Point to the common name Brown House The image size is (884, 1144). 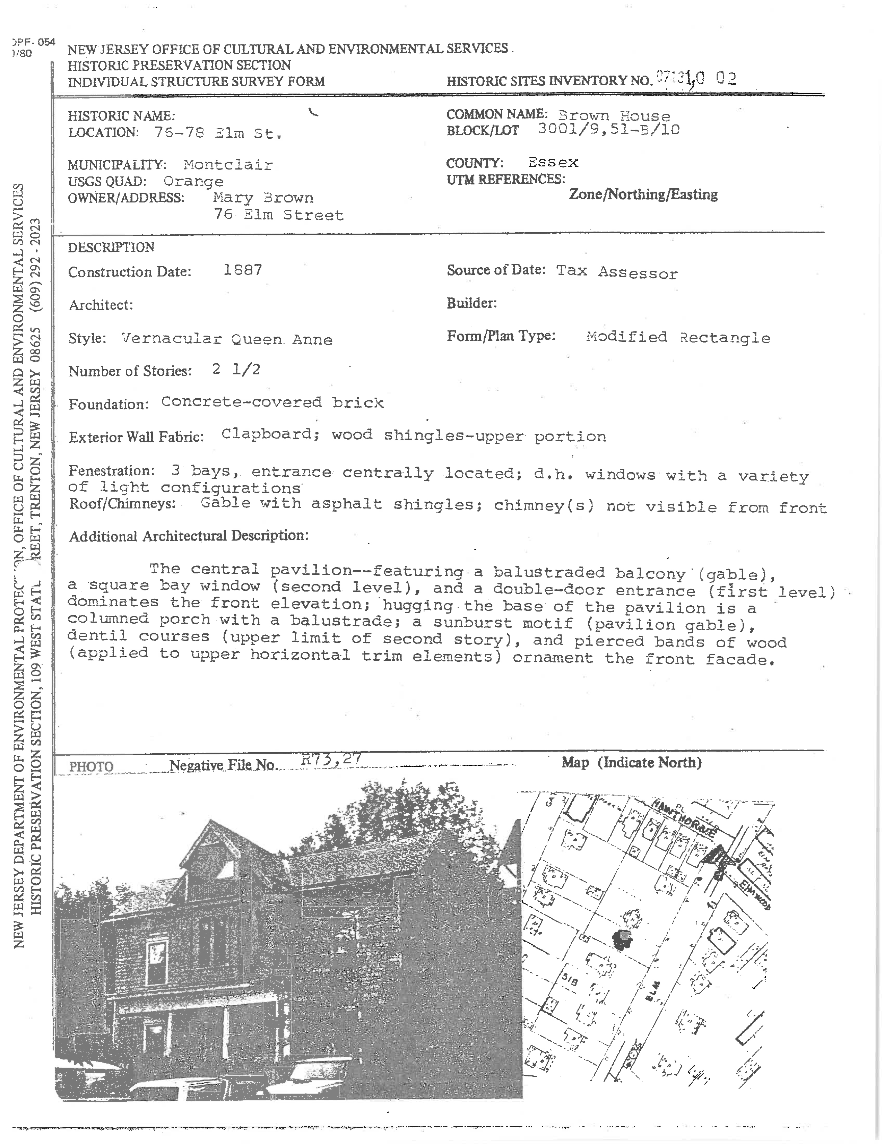pos(614,116)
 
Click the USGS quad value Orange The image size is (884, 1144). pos(193,181)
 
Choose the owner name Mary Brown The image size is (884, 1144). pos(263,198)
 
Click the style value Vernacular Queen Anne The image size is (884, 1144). pos(226,339)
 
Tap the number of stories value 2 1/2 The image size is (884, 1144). pos(236,370)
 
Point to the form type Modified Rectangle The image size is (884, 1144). pos(678,337)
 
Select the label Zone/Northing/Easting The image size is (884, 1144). pos(643,195)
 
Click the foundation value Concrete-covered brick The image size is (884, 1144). pos(272,402)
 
